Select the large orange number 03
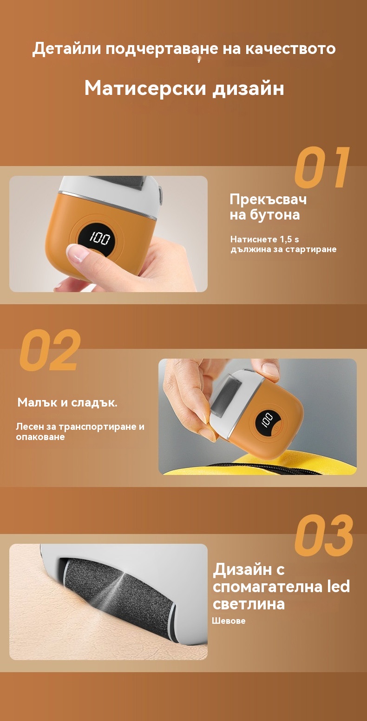324,535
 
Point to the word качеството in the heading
290,48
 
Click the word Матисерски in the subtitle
145,88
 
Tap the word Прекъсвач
268,200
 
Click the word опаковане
40,437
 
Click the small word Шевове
229,621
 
